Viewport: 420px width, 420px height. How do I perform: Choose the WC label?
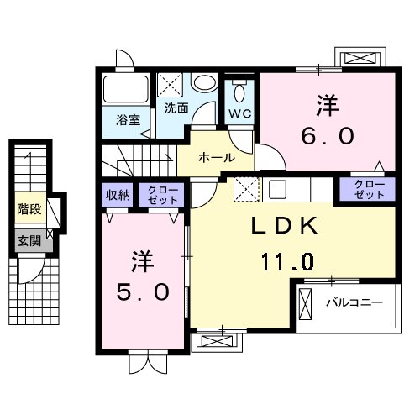(x=239, y=113)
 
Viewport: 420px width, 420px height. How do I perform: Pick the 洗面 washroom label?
(x=176, y=108)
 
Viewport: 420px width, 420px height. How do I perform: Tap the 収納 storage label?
(x=118, y=196)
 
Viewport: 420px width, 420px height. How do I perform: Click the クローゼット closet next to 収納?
(x=158, y=196)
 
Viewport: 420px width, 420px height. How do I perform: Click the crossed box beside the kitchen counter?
(x=244, y=189)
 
